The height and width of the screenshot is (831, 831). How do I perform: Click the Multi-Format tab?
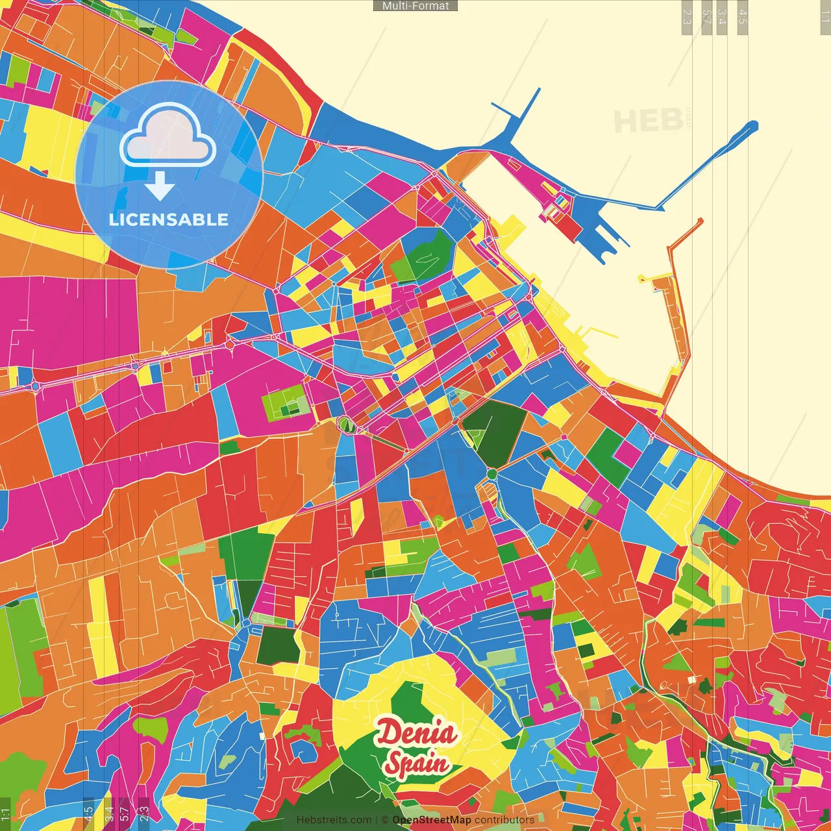coord(415,6)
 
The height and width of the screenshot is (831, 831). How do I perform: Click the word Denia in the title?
coord(417,734)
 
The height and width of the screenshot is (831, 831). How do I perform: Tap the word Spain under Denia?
coord(417,763)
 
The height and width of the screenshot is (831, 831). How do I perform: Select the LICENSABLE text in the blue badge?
coord(169,219)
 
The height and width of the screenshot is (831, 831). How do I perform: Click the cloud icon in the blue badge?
coord(167,136)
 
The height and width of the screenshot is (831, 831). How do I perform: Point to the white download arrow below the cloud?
coord(160,186)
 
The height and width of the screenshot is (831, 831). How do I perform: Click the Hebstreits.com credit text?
coord(334,820)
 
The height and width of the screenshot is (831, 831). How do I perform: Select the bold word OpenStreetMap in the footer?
coord(432,820)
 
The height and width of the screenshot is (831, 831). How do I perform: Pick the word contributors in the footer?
coord(504,820)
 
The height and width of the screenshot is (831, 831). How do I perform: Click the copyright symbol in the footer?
coord(385,820)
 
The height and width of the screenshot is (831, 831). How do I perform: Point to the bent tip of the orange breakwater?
coord(700,222)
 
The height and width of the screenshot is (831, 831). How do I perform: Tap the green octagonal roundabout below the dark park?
coord(492,474)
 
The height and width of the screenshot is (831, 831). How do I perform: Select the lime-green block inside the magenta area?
coord(286,403)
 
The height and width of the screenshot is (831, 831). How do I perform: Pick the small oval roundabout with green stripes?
coord(345,425)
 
